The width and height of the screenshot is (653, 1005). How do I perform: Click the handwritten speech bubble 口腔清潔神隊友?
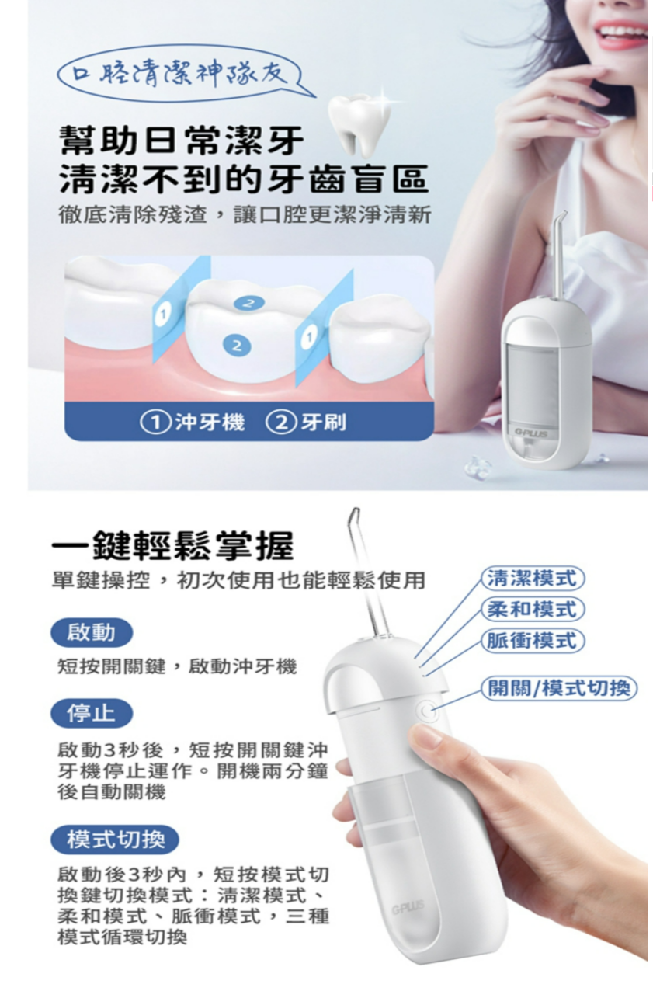pyautogui.click(x=183, y=75)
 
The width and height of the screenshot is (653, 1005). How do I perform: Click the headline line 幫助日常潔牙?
pyautogui.click(x=182, y=141)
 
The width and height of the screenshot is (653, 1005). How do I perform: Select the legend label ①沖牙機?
pyautogui.click(x=193, y=423)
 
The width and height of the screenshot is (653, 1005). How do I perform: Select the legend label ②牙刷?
pyautogui.click(x=306, y=423)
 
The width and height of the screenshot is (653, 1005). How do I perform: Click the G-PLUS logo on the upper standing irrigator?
pyautogui.click(x=530, y=434)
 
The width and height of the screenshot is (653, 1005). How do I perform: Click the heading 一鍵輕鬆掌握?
pyautogui.click(x=172, y=546)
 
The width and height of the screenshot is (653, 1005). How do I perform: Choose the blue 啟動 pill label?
pyautogui.click(x=92, y=633)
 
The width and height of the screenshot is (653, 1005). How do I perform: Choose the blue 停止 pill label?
pyautogui.click(x=92, y=713)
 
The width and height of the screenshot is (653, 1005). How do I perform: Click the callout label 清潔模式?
pyautogui.click(x=533, y=579)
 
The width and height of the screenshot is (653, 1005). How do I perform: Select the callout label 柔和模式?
pyautogui.click(x=533, y=609)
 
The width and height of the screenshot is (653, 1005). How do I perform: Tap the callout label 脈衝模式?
pyautogui.click(x=533, y=640)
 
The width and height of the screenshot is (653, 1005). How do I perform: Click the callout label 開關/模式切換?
pyautogui.click(x=559, y=688)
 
